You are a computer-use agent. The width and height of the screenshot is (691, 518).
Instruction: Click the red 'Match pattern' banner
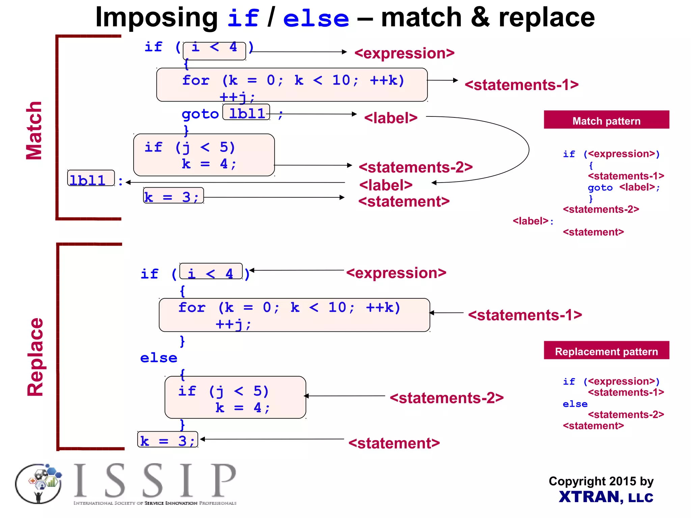606,120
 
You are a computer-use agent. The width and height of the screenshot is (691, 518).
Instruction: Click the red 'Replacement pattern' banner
606,351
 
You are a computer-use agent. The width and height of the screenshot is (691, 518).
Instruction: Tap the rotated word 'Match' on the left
34,130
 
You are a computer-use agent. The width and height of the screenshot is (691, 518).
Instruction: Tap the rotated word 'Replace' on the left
35,357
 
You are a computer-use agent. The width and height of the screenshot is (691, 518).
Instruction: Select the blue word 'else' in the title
316,19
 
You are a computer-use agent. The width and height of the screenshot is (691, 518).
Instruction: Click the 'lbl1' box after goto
246,113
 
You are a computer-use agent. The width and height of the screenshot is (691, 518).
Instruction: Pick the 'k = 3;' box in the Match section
173,196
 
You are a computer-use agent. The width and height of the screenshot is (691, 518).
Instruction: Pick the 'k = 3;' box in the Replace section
168,440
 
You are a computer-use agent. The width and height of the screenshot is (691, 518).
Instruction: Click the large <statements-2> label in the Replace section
446,398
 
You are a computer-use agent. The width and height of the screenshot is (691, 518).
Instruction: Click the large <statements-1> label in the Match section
521,84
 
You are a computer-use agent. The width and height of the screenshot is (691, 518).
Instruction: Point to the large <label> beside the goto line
391,118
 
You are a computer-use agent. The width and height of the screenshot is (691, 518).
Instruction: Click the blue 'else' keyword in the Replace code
159,358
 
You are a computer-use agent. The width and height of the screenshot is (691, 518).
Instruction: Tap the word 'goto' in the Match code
200,114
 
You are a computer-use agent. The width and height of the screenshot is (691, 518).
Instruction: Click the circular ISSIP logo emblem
38,484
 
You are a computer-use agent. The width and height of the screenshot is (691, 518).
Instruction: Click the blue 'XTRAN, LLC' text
606,497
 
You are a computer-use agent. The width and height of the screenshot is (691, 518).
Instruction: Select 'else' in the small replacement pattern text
575,404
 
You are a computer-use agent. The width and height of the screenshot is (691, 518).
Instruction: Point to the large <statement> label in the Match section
404,201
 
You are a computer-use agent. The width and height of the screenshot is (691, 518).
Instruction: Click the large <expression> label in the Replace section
396,273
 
